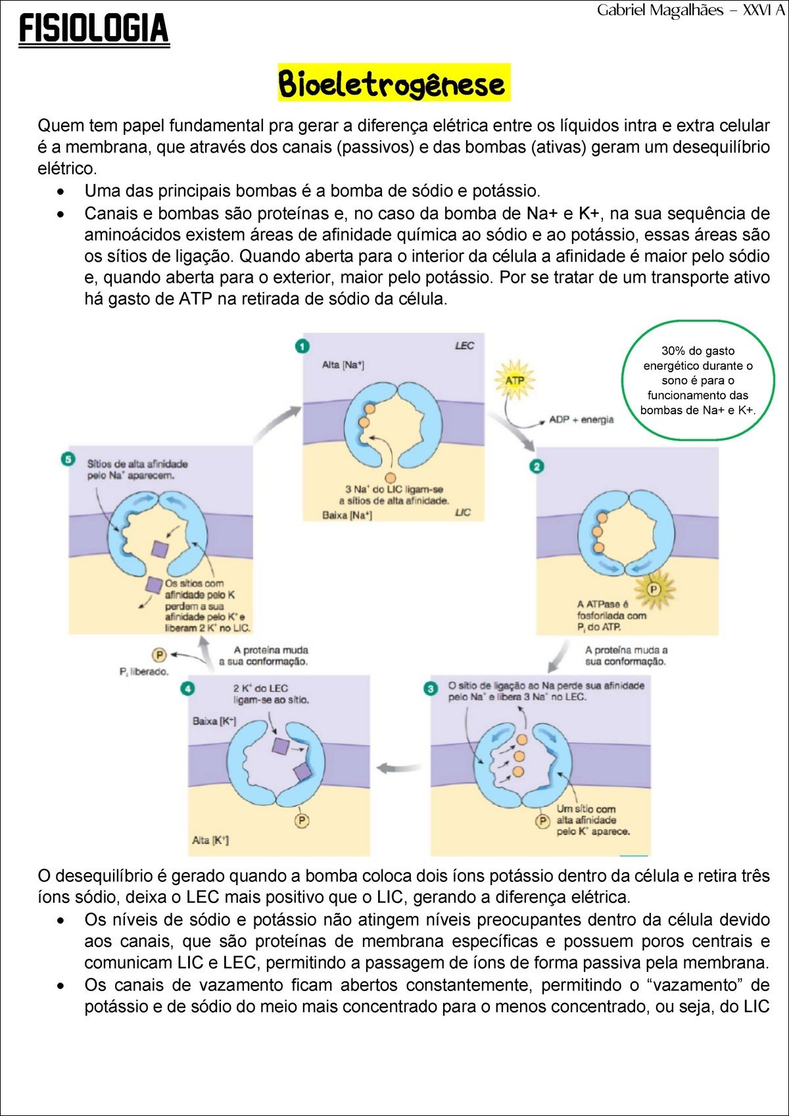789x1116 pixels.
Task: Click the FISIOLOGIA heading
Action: [x=94, y=29]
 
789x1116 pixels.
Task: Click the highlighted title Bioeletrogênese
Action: [x=393, y=83]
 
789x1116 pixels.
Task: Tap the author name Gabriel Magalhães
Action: [x=660, y=11]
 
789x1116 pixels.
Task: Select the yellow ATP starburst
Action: [x=514, y=380]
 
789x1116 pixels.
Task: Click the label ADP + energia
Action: [x=581, y=420]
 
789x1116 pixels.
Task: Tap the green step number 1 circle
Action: [x=302, y=346]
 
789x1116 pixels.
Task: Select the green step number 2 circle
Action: [x=537, y=466]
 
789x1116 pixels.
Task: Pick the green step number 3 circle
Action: [x=430, y=689]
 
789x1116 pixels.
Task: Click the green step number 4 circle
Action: [x=188, y=689]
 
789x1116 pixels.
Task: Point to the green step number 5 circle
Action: [x=68, y=458]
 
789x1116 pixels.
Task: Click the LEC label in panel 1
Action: [x=464, y=346]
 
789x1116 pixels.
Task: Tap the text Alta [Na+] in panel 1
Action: [x=343, y=365]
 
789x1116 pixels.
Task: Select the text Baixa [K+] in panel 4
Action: [x=214, y=721]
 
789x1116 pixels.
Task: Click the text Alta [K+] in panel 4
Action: [x=210, y=840]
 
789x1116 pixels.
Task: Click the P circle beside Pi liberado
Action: [x=158, y=654]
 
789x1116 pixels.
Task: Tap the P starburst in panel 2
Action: [x=654, y=589]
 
